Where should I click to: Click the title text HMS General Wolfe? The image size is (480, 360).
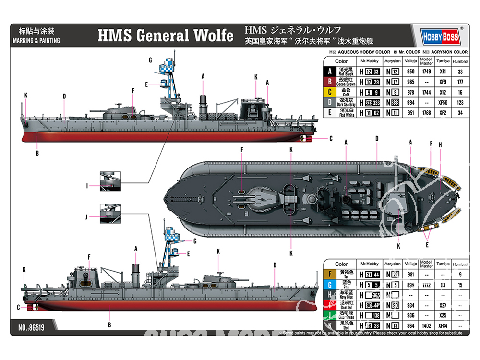[166, 36]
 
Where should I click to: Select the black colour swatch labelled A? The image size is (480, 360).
[329, 72]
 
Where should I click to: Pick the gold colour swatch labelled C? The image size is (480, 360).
[329, 92]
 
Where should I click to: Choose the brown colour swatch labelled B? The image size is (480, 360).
[329, 82]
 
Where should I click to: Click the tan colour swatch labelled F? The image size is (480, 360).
[329, 275]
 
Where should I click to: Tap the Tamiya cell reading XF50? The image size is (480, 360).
[443, 103]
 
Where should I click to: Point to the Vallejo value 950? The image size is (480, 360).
[410, 72]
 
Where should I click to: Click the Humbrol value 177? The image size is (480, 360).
[460, 82]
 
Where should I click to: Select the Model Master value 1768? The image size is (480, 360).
[426, 113]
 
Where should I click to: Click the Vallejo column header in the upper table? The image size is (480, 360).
[410, 61]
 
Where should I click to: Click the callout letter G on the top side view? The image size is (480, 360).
[150, 60]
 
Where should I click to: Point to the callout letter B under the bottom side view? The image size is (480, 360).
[110, 324]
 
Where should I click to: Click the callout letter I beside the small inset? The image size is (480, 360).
[87, 185]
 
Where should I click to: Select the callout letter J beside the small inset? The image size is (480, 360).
[87, 216]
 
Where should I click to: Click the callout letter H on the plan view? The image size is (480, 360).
[440, 144]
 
